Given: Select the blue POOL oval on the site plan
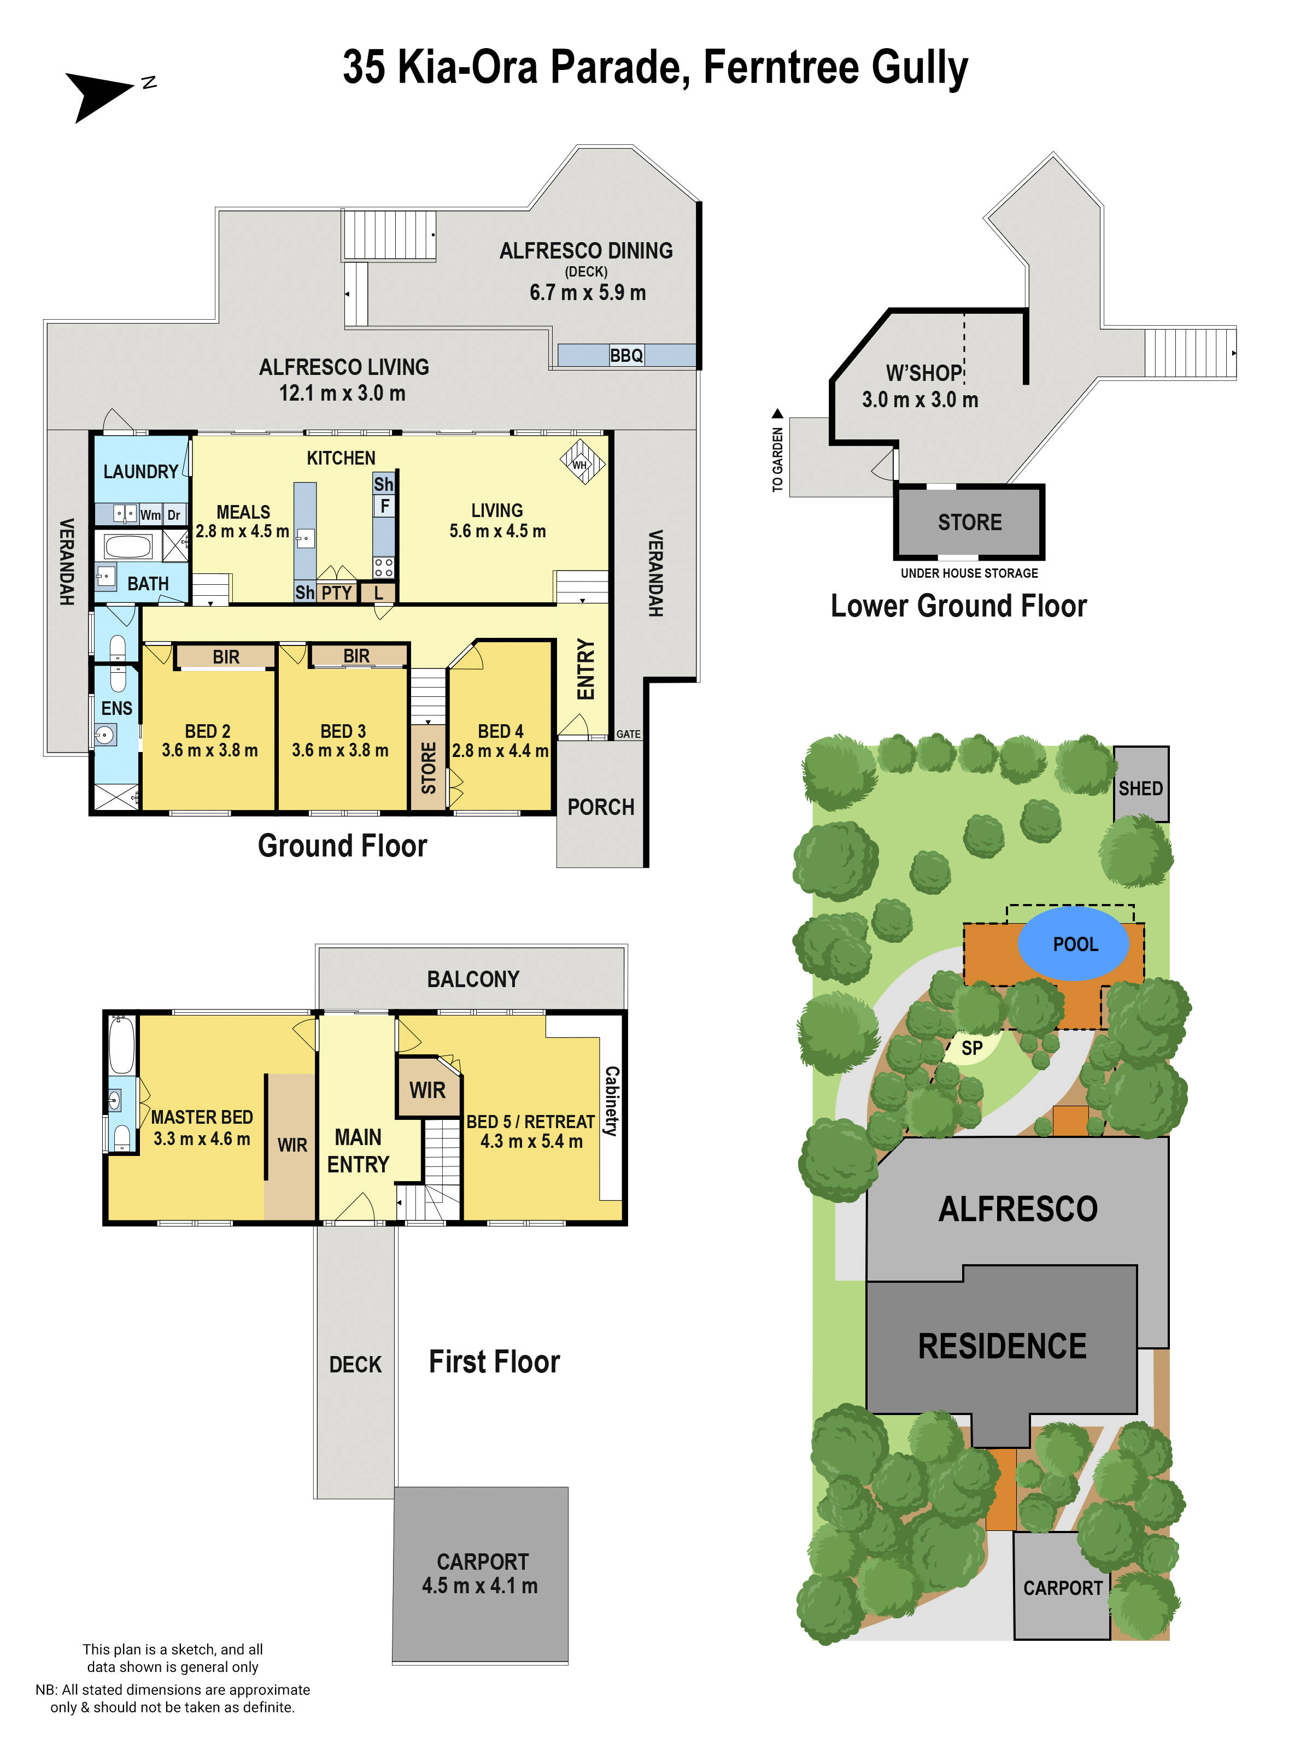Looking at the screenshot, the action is [1073, 944].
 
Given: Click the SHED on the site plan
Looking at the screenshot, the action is [1140, 784].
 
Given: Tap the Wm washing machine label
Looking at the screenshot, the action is [150, 515].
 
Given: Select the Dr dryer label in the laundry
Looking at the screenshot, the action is [174, 515].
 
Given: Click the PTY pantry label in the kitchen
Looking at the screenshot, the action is [337, 593].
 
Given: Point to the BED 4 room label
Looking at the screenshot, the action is [500, 731].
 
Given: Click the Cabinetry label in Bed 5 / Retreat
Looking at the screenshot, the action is [611, 1101].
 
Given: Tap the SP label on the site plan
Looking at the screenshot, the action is [972, 1048].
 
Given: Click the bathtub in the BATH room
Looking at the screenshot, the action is [127, 547].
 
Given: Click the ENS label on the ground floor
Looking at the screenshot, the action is [117, 708].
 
